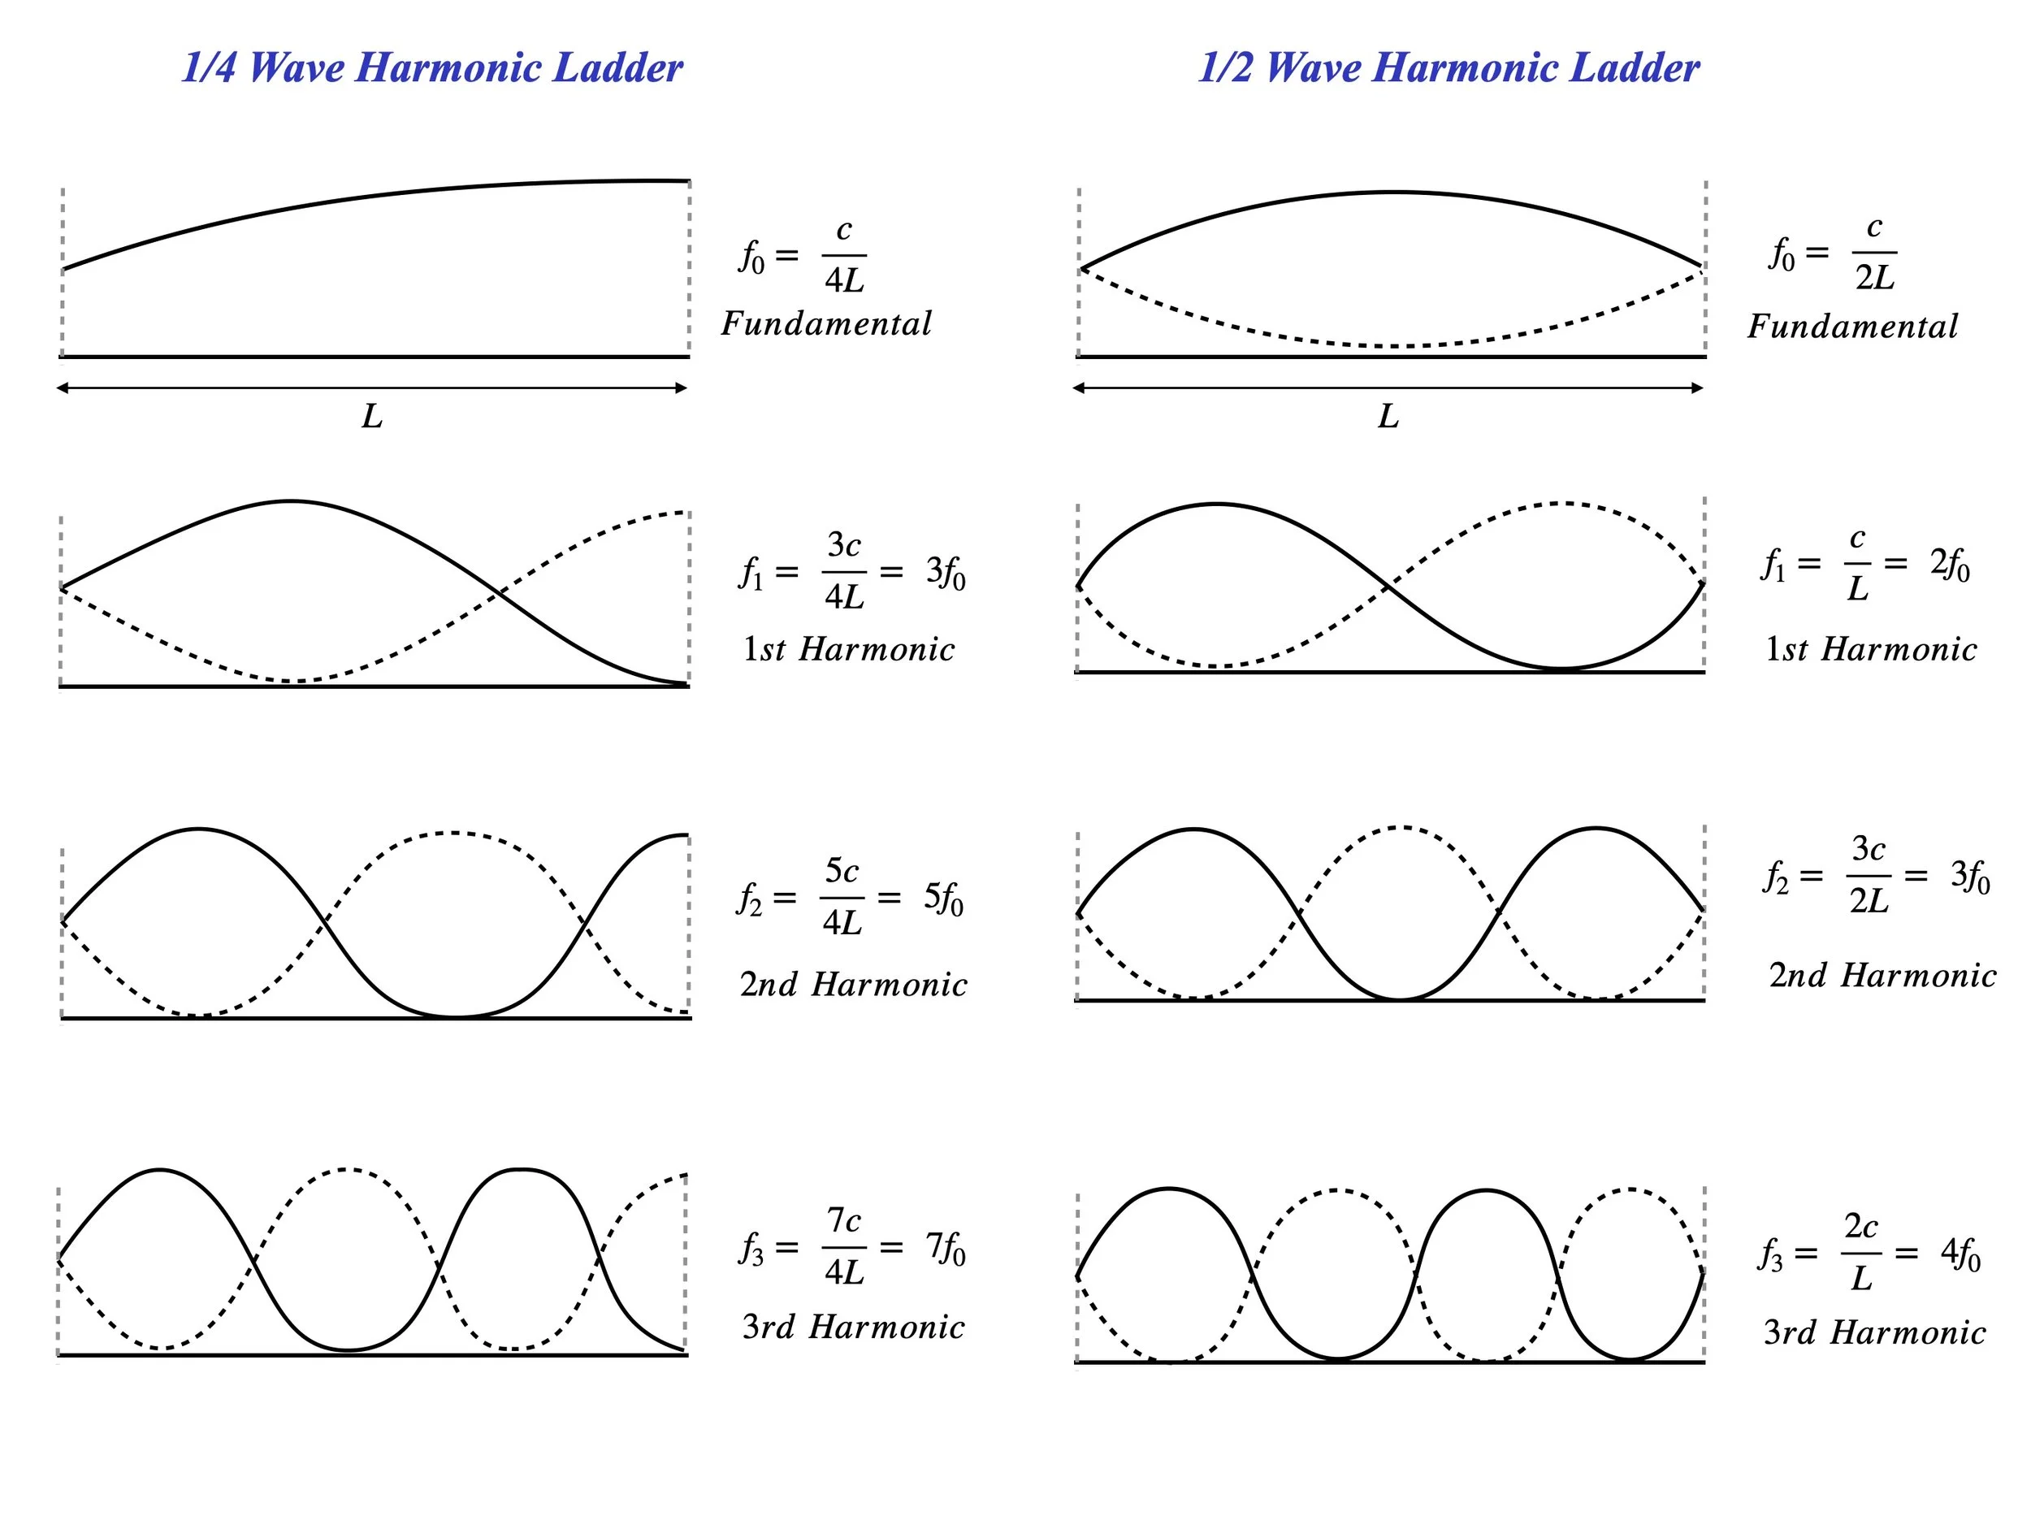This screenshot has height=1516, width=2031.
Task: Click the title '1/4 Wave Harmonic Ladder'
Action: [432, 68]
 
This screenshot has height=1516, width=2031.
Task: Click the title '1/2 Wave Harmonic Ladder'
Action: [1449, 68]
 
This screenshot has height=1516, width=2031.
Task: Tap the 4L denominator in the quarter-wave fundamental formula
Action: [844, 280]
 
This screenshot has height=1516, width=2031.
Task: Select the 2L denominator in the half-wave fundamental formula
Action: [1874, 277]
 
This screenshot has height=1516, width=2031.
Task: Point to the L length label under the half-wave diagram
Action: [1388, 418]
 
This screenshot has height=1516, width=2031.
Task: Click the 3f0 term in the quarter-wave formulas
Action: [946, 573]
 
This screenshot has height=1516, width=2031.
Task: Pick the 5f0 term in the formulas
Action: [943, 899]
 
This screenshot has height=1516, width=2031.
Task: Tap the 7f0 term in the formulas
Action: [946, 1247]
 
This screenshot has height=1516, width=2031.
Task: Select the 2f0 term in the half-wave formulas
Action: [1949, 565]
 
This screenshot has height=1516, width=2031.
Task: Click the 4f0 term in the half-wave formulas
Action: [1960, 1254]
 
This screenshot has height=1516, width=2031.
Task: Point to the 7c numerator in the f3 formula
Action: [843, 1220]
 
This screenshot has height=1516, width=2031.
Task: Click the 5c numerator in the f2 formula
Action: [842, 870]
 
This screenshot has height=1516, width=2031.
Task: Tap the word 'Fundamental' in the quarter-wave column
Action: [826, 324]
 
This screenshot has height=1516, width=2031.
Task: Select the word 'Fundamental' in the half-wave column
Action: [1852, 327]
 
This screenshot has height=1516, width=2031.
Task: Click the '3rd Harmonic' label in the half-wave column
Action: [1874, 1332]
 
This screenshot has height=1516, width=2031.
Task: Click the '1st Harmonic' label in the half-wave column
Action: [1870, 650]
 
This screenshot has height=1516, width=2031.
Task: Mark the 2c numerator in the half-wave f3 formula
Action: [1861, 1226]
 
